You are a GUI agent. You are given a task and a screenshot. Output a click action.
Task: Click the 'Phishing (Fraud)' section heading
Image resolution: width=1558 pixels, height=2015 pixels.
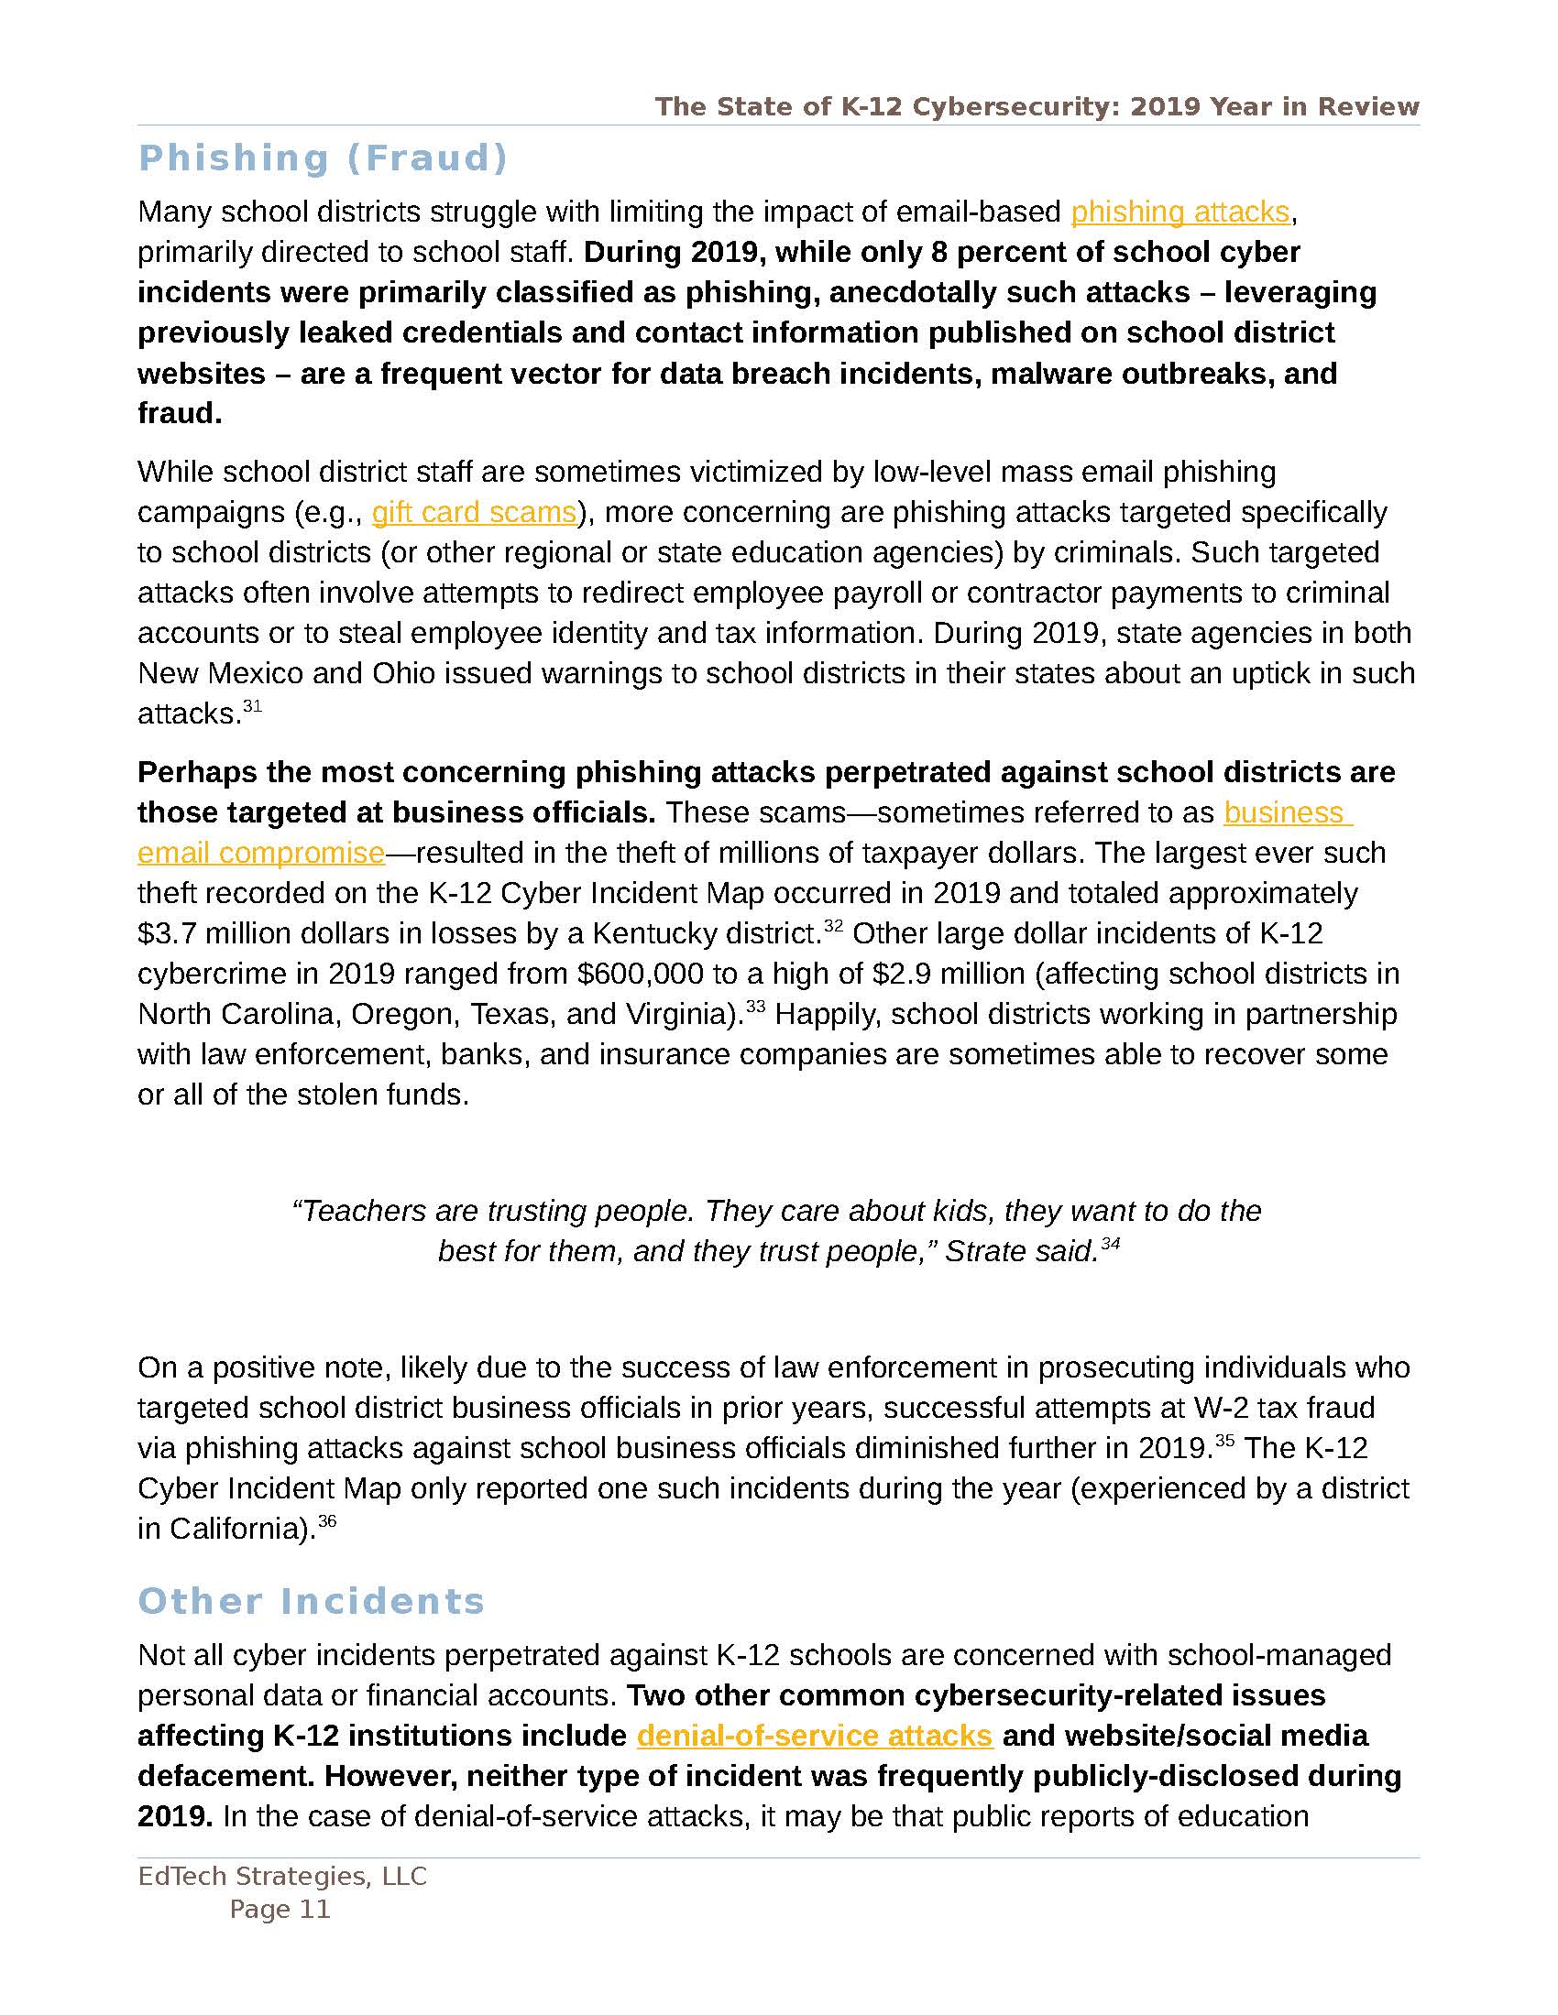323,158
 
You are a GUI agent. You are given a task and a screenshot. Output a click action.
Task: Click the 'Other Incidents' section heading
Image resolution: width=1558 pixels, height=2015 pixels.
311,1601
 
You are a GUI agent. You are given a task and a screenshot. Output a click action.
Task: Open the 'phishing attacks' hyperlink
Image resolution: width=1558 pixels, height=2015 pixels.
1179,212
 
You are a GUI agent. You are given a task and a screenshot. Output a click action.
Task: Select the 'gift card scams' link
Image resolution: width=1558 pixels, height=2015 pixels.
474,512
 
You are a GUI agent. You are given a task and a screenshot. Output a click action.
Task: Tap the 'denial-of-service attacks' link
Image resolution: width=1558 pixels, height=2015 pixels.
814,1736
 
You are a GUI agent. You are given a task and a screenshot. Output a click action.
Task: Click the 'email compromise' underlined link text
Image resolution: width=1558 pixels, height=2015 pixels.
261,853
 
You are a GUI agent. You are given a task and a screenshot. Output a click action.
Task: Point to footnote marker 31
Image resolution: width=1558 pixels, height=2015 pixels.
252,707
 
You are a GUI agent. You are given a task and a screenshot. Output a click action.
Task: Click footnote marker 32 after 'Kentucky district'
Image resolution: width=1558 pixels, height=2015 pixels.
832,926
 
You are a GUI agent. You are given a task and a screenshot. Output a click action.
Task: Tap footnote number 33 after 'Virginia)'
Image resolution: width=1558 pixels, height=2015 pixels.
755,1007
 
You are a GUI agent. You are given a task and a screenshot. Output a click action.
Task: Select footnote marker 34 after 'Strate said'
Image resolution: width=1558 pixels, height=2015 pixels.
1111,1244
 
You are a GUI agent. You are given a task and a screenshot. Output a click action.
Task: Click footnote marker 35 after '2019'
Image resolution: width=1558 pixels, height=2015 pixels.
1223,1441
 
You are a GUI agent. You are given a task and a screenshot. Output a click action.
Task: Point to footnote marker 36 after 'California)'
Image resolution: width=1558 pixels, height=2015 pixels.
327,1521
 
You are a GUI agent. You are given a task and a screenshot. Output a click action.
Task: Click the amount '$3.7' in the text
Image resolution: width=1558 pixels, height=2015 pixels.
167,933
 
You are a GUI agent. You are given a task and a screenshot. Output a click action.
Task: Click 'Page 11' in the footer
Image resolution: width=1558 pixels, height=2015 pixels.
280,1909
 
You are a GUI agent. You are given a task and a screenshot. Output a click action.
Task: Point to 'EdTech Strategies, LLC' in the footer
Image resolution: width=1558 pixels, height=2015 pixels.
282,1876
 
